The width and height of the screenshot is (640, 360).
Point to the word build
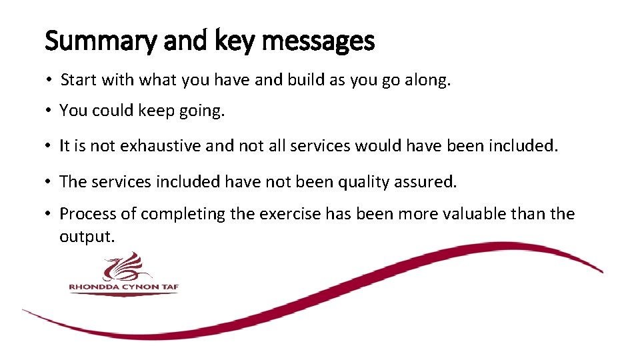pos(305,81)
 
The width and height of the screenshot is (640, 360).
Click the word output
pos(85,237)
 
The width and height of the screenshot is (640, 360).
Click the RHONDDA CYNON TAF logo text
pos(124,287)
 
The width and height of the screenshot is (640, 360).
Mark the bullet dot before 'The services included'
pos(50,181)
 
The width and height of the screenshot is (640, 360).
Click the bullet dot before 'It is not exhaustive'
pos(50,146)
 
